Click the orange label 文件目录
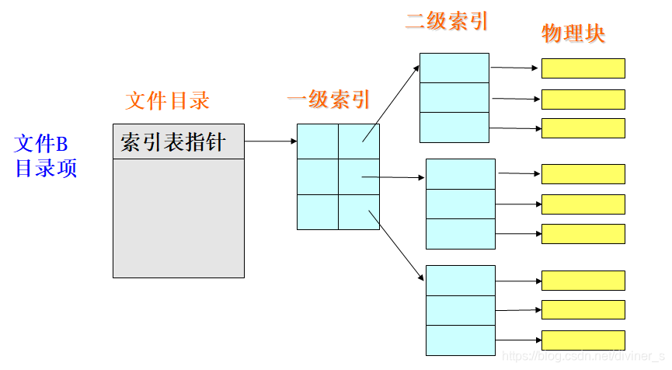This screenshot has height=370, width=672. [167, 101]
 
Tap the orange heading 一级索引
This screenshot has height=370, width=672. [329, 100]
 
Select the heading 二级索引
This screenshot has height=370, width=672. [447, 21]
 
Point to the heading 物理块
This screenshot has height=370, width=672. [573, 33]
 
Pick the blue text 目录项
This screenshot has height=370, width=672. [47, 168]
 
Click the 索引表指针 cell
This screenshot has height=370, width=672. [178, 141]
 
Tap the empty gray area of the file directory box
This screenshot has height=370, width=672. [178, 218]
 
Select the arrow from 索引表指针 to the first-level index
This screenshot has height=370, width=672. [270, 141]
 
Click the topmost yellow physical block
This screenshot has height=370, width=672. [583, 68]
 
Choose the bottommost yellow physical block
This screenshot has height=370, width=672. [583, 340]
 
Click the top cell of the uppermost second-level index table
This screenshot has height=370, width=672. [454, 68]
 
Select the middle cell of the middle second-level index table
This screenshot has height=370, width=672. [461, 204]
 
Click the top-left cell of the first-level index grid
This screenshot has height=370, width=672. [318, 141]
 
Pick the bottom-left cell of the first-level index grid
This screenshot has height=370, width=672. [318, 211]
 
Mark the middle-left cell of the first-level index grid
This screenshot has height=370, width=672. [318, 176]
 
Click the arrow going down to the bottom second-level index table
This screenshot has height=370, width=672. [399, 246]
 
